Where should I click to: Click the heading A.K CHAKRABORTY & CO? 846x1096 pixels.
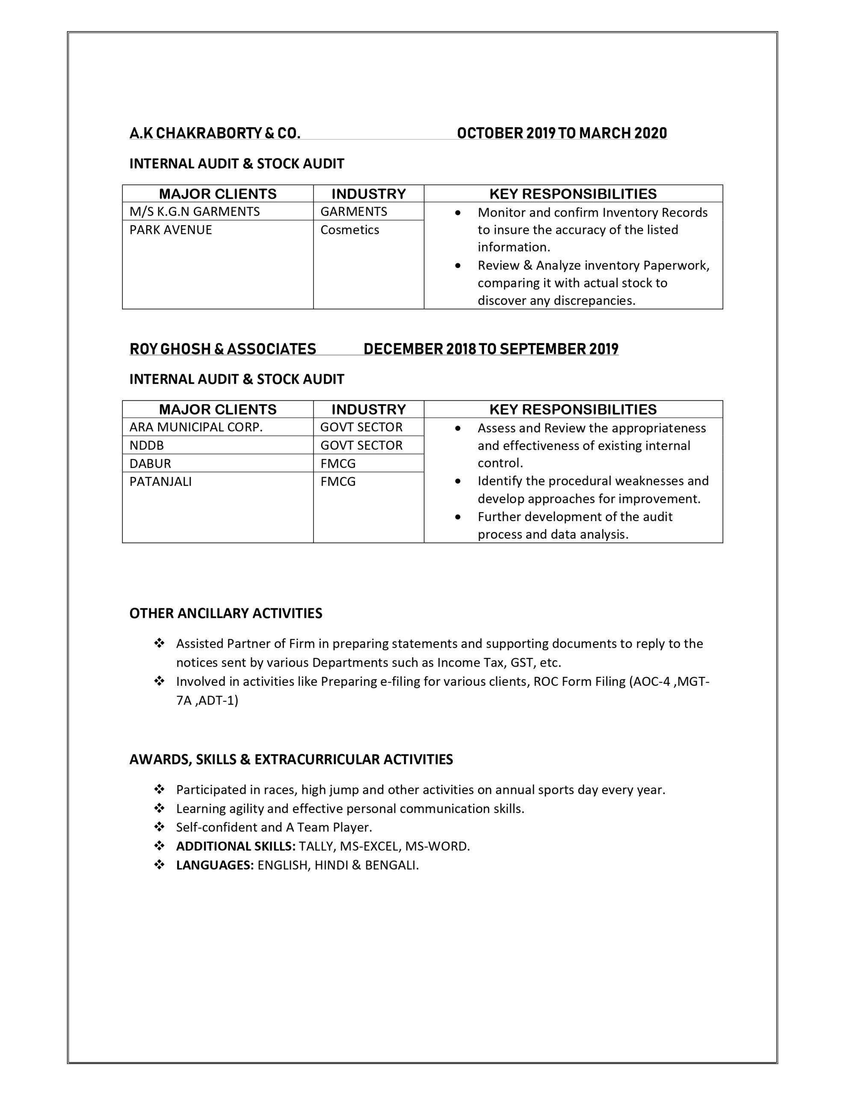tap(215, 134)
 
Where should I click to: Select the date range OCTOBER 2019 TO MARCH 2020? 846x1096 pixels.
tap(562, 134)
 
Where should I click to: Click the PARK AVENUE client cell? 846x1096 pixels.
tap(171, 230)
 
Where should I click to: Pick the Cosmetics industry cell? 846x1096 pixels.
tap(349, 230)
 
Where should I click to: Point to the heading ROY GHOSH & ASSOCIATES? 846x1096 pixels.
tap(223, 349)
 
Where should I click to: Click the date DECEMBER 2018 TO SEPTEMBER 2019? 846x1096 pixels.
tap(491, 349)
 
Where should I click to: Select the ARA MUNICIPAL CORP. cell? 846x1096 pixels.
tap(196, 427)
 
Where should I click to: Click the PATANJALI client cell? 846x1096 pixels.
tap(160, 482)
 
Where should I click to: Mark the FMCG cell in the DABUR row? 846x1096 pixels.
tap(338, 463)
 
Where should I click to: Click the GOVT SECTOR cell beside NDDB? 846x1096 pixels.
tap(361, 445)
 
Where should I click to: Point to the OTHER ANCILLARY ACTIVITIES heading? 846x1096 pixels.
tap(226, 613)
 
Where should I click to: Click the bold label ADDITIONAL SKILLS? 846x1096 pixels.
tap(236, 846)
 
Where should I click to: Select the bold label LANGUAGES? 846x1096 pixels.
tap(215, 866)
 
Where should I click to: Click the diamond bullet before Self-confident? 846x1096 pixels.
tap(160, 827)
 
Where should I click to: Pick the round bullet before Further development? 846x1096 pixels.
tap(457, 517)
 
